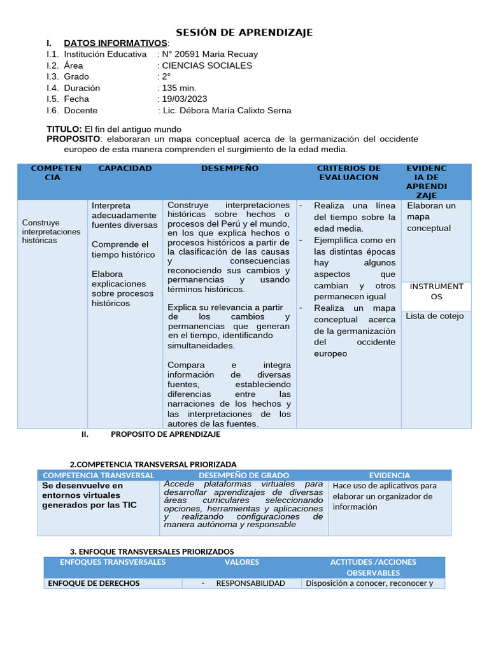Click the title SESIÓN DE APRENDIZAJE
point(244,32)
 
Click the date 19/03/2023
point(185,99)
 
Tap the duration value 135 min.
point(180,88)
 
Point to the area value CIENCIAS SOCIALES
point(207,65)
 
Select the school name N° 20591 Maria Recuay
point(210,54)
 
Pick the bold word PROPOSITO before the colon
point(73,139)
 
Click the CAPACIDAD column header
point(125,168)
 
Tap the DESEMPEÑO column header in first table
point(230,168)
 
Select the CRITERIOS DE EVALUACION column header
point(349,173)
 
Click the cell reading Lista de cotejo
point(435,316)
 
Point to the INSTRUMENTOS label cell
point(436,292)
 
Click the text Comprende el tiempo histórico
point(123,250)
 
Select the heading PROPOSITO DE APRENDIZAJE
point(166,434)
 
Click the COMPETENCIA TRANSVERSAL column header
point(98,475)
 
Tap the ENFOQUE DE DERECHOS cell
point(94,583)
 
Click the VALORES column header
point(242,562)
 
